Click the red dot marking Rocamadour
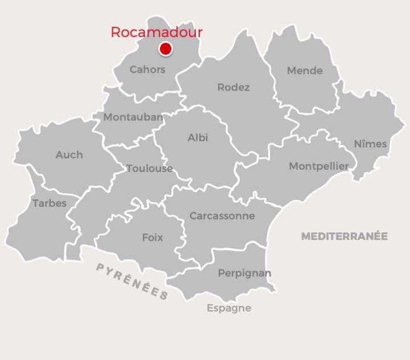tap(166, 49)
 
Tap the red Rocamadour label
tap(157, 32)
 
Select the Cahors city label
tap(147, 69)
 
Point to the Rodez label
tap(233, 87)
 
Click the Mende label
tap(305, 71)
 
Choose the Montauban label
tap(133, 117)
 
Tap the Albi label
tap(198, 137)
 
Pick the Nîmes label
tap(370, 144)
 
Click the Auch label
tap(69, 154)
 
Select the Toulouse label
tap(149, 168)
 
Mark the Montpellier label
tap(319, 166)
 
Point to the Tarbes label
tap(50, 203)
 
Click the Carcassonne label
tap(222, 216)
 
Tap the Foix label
tap(153, 238)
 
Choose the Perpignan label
tap(245, 273)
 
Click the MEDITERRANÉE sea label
tap(345, 236)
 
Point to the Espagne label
tap(229, 308)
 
